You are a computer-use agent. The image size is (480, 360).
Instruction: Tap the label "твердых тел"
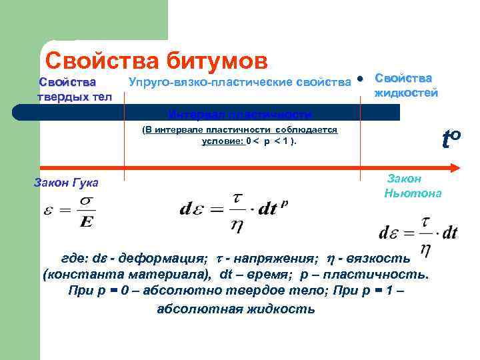[x=74, y=97]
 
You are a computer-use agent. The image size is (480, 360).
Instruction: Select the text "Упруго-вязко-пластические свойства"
[x=239, y=82]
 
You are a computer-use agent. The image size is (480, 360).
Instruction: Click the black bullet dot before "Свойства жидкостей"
[x=360, y=79]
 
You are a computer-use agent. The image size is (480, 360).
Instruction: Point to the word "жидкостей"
[x=407, y=93]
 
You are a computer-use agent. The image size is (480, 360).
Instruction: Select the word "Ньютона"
[x=413, y=193]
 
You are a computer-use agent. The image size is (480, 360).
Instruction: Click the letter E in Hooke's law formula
[x=85, y=221]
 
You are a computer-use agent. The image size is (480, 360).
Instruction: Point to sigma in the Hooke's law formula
[x=85, y=201]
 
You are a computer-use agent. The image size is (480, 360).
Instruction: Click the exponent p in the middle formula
[x=284, y=204]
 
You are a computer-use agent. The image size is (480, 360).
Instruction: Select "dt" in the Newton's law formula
[x=449, y=233]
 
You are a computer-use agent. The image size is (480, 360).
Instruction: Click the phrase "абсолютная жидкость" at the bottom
[x=235, y=309]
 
